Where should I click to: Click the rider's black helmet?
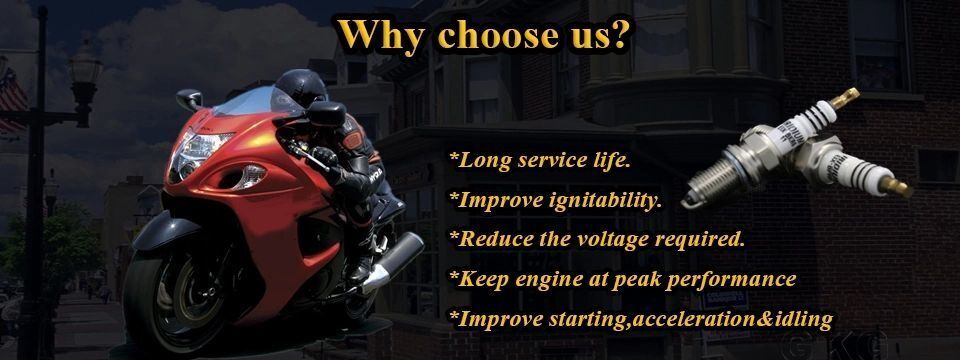[301, 88]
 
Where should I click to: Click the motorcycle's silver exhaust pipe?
[393, 261]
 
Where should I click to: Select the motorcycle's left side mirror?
[190, 99]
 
